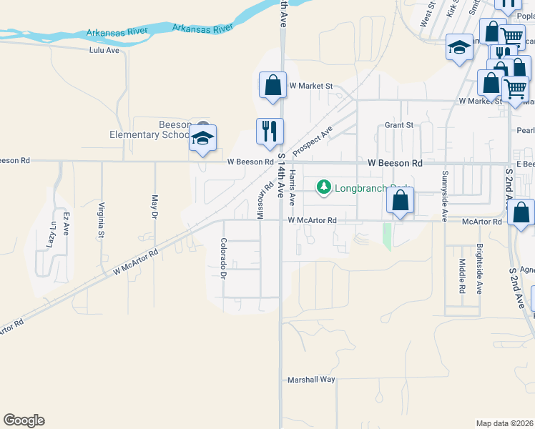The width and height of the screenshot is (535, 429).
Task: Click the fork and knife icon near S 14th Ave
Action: click(270, 131)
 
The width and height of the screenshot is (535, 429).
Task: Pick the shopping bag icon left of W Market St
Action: click(273, 85)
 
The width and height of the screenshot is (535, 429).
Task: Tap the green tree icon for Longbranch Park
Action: click(324, 187)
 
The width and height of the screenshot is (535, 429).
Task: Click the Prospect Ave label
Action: click(313, 141)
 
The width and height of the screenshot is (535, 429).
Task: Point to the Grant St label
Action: click(399, 125)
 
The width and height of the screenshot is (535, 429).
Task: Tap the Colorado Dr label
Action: click(223, 258)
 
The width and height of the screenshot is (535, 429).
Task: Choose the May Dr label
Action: click(154, 205)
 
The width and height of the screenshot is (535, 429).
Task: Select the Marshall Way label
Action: click(311, 380)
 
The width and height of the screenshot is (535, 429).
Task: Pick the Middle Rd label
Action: click(462, 277)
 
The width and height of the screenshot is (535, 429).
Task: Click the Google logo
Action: click(24, 420)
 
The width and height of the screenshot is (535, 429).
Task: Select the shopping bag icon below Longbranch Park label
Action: click(401, 202)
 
